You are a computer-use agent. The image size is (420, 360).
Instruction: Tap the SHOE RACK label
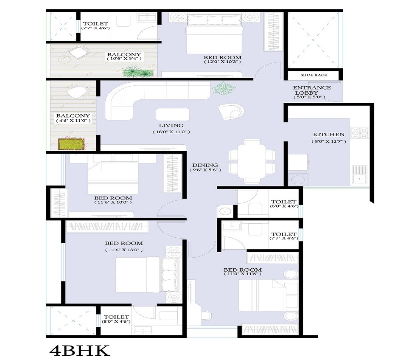click(x=314, y=75)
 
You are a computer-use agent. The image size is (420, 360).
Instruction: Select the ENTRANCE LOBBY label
click(x=312, y=90)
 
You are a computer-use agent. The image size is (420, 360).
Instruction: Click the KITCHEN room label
click(x=329, y=135)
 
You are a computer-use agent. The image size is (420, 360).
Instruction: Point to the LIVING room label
click(x=171, y=126)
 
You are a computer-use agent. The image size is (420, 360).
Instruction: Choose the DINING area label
click(x=205, y=165)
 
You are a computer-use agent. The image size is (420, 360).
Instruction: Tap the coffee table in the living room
click(x=173, y=115)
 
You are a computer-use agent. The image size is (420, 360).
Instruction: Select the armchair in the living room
click(x=231, y=110)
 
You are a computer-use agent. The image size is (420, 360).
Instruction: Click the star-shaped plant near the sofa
click(x=224, y=89)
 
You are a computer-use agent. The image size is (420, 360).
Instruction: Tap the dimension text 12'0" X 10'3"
click(x=222, y=62)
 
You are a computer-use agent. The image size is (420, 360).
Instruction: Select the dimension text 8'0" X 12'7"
click(x=329, y=141)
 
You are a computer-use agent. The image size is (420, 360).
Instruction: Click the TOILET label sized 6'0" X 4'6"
click(x=284, y=202)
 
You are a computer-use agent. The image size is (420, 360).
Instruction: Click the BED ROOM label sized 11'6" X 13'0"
click(x=124, y=243)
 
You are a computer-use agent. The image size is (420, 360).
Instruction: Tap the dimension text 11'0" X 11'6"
click(x=243, y=275)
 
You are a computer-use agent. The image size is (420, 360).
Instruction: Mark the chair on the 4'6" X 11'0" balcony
click(x=78, y=92)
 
